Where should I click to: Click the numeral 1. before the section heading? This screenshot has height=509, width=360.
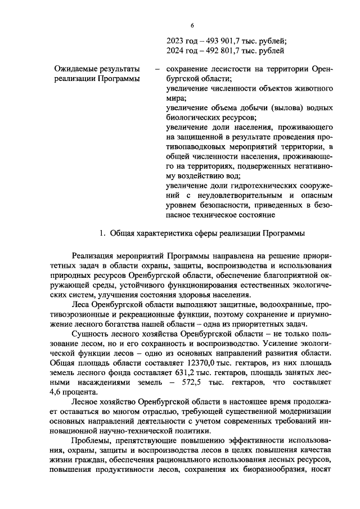[102, 233]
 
